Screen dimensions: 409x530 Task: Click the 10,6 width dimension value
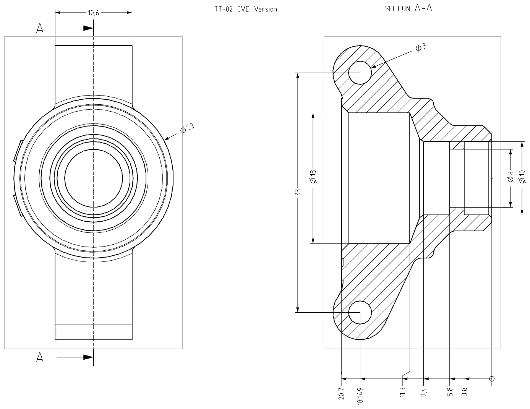94,13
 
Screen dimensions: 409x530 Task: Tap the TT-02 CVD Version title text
245,9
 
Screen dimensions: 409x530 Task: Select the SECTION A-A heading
408,8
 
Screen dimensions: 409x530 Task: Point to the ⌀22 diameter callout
187,128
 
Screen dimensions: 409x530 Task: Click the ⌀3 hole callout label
420,47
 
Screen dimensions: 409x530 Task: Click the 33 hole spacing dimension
299,192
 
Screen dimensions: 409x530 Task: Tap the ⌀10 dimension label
522,177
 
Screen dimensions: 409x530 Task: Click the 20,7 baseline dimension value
341,393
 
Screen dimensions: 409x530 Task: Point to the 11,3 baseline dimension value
403,393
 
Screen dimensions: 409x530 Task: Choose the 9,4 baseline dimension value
424,393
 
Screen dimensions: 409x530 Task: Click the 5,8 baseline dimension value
450,393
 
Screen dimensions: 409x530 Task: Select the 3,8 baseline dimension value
465,393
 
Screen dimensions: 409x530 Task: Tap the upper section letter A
40,28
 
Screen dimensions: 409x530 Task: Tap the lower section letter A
40,357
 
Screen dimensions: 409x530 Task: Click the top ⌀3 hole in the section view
360,72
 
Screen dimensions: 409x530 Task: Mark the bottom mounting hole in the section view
360,312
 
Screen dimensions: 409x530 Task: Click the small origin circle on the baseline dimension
492,379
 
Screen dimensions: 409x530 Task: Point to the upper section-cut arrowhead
88,28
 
